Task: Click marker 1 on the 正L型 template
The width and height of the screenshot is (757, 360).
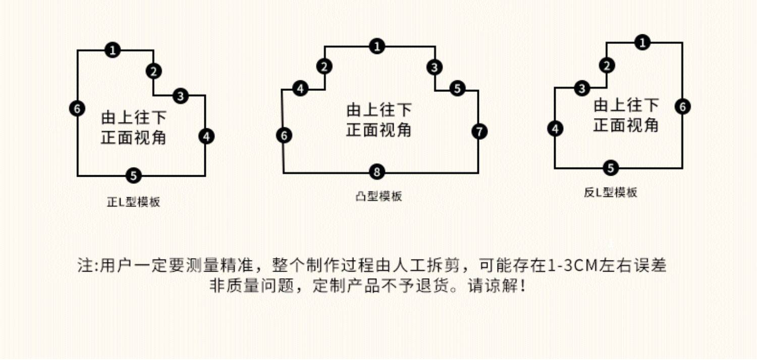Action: point(113,50)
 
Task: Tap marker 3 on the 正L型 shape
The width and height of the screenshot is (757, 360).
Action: point(181,95)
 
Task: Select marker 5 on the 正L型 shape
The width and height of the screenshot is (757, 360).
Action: point(133,176)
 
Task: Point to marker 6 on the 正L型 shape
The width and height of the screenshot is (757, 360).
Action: point(77,108)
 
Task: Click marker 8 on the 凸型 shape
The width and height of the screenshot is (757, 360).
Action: point(376,172)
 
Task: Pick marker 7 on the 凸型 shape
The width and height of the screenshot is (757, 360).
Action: point(479,131)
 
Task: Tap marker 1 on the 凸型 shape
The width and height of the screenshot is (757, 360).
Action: point(376,46)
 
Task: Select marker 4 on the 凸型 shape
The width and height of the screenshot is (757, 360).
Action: point(300,89)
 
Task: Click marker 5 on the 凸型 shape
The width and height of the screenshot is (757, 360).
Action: point(457,89)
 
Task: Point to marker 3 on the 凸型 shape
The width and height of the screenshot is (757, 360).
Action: point(435,67)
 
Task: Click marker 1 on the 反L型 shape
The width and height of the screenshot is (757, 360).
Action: point(641,43)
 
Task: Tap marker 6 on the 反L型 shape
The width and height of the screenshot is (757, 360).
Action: point(682,107)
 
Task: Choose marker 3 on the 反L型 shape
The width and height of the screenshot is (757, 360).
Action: point(583,89)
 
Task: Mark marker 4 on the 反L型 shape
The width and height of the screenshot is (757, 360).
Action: point(555,129)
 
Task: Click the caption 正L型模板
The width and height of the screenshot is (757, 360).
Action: point(134,202)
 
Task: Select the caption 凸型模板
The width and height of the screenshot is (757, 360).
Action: point(379,196)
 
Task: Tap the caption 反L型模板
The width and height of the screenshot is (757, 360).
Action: point(611,192)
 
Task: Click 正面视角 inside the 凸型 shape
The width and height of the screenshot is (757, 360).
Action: point(379,129)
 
